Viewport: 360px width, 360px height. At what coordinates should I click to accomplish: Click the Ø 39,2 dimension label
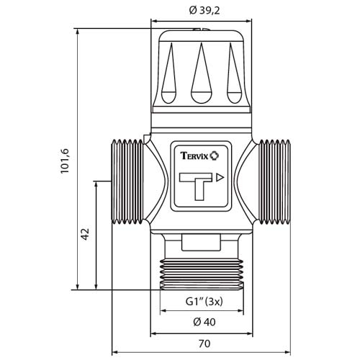pos(204,11)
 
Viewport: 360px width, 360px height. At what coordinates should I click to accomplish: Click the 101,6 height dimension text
pos(65,161)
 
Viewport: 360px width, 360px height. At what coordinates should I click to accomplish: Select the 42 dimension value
pos(85,234)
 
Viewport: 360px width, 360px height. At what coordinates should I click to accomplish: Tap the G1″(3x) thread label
pos(204,302)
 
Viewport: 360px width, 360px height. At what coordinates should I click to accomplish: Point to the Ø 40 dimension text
pos(204,322)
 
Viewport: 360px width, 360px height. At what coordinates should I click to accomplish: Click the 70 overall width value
pos(204,343)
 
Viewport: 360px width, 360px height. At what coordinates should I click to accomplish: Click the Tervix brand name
pos(194,156)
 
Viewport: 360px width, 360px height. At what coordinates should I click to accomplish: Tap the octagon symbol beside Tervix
pos(215,156)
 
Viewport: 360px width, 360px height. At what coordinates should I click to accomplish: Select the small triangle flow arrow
pos(220,178)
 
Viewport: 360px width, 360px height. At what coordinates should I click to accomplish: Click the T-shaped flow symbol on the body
pos(196,186)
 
